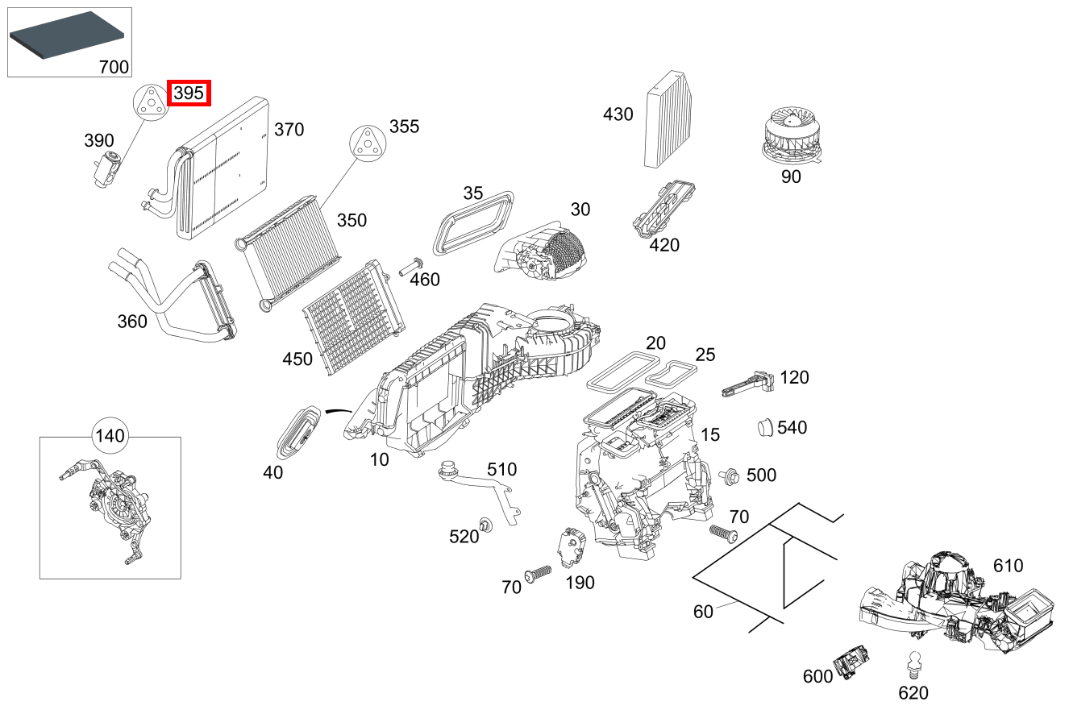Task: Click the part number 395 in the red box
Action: [189, 93]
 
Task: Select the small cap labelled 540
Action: [765, 427]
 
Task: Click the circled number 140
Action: [110, 437]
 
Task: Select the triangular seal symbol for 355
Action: [367, 144]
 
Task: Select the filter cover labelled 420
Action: [664, 208]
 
